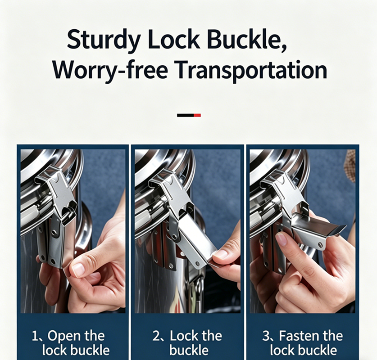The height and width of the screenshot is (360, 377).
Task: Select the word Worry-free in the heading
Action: (109, 70)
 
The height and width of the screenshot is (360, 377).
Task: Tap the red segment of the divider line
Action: (197, 115)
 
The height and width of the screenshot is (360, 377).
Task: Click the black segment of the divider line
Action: (186, 115)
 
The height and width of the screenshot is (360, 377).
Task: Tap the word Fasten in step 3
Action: (299, 336)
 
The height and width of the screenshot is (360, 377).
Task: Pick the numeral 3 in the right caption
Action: (266, 336)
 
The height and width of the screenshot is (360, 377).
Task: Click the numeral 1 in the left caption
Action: (35, 336)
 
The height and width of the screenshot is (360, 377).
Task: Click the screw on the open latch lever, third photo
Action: (321, 244)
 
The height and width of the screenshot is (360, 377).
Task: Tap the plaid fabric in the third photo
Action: (350, 166)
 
